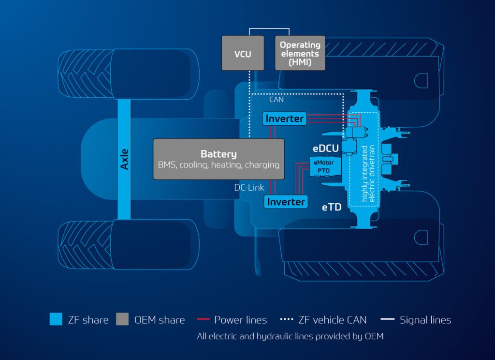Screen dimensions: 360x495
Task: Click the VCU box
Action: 243,53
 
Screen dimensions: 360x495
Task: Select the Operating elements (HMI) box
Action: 300,53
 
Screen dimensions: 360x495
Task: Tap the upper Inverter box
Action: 285,118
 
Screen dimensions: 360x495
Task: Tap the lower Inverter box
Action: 285,201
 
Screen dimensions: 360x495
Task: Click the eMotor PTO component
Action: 323,166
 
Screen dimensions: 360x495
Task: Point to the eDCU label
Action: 325,148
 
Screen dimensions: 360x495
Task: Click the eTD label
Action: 332,207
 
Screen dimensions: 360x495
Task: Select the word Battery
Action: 218,154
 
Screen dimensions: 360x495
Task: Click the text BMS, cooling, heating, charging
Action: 218,165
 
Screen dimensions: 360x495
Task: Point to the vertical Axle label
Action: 124,159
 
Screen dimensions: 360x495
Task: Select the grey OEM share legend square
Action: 122,319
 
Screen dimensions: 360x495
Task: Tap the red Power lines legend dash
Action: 204,319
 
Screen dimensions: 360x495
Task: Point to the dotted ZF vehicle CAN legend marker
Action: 287,319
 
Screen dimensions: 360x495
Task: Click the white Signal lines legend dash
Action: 387,319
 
